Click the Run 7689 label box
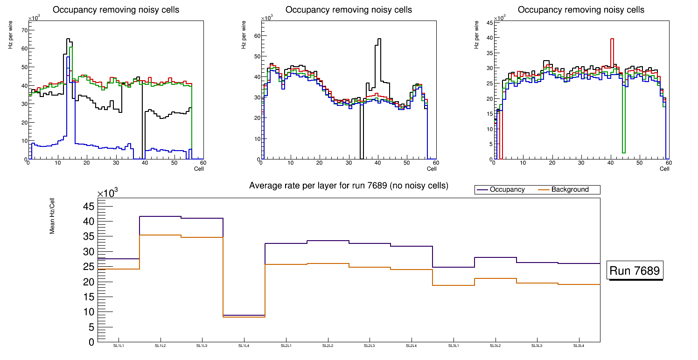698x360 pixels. [x=635, y=270]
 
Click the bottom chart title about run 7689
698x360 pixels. [x=349, y=186]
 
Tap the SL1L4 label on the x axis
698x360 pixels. [x=244, y=346]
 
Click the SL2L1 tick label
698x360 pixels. [x=286, y=346]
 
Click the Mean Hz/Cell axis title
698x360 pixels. [x=52, y=215]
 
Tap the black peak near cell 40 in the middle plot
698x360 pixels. [x=379, y=39]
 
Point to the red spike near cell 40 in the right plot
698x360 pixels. [x=612, y=39]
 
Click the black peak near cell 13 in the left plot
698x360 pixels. [x=68, y=39]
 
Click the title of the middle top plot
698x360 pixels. [x=349, y=9]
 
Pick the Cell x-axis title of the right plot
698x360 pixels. [x=664, y=169]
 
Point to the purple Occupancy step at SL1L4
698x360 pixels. [x=244, y=315]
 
